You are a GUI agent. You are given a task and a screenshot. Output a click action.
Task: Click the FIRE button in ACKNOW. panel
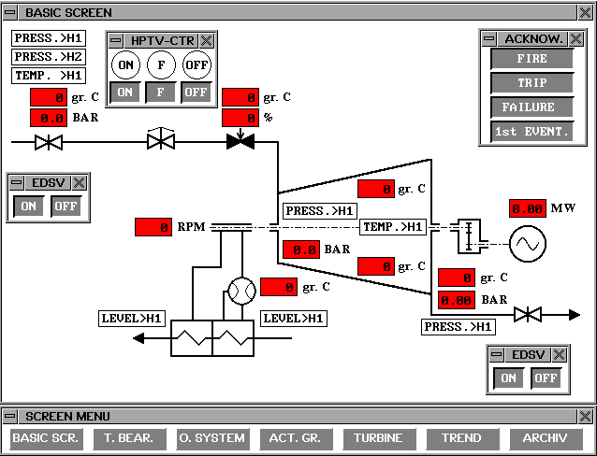[531, 59]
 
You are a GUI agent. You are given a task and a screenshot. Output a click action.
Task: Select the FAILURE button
[531, 107]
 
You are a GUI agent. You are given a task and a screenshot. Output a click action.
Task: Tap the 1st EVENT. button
[531, 132]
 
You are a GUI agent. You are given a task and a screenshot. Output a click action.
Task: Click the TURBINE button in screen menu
[379, 438]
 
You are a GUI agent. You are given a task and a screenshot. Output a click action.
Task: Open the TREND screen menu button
[461, 438]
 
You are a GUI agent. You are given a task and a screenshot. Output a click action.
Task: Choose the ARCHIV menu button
[546, 438]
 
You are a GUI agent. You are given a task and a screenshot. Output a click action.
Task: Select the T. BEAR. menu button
[129, 438]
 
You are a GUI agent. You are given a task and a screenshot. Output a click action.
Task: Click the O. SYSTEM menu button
[211, 438]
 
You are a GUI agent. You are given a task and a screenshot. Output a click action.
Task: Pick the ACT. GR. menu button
[295, 438]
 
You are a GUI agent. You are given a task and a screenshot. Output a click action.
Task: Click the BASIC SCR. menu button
[47, 438]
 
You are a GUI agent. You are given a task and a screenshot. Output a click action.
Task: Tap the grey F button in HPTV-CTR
[161, 93]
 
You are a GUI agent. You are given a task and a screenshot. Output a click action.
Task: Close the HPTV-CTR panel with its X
[207, 40]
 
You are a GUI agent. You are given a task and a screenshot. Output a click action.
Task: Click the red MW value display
[528, 208]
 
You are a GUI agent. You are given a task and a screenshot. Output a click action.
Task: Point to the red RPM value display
[153, 227]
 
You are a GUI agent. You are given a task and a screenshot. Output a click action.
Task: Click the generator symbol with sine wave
[527, 245]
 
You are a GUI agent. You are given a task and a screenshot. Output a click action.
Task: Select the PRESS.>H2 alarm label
[48, 57]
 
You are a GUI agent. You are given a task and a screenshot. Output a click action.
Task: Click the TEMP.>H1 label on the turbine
[393, 227]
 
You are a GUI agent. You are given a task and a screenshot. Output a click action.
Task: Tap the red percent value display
[240, 119]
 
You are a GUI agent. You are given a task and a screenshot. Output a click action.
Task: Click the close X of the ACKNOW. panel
[576, 39]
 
